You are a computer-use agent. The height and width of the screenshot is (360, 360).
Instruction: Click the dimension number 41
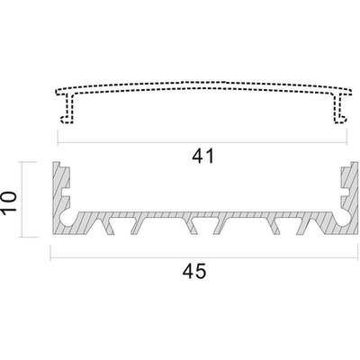pos(203,156)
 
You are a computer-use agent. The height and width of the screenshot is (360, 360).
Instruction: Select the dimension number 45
pos(194,271)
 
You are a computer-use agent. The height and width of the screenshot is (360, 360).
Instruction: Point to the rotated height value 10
pos(8,202)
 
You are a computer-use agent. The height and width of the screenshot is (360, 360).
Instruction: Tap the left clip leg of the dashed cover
pos(67,109)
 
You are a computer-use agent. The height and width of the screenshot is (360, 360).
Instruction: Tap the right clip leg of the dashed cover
pos(339,109)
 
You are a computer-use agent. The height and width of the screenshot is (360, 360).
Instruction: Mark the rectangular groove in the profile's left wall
pos(67,193)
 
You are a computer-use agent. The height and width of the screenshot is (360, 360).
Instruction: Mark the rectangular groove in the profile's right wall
pos(346,193)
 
